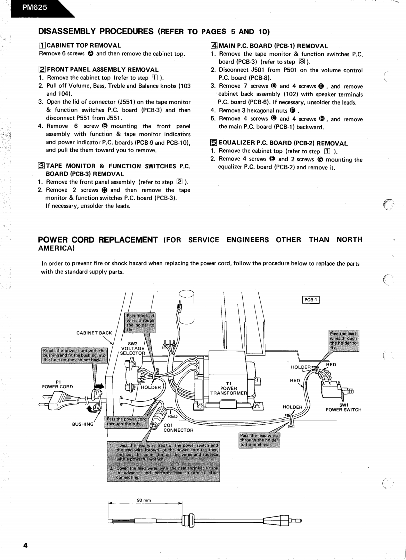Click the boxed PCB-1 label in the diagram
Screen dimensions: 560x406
[x=310, y=300]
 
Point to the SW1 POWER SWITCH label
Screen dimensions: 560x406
[x=343, y=407]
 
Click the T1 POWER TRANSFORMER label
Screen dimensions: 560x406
[x=229, y=388]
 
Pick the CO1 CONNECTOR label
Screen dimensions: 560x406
[x=178, y=428]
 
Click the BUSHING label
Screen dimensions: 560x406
[x=83, y=424]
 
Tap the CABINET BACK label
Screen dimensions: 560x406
[x=94, y=333]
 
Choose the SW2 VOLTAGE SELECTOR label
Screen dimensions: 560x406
[x=132, y=348]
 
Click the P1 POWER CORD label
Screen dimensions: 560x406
[x=57, y=383]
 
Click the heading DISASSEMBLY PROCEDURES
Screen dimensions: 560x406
[x=96, y=32]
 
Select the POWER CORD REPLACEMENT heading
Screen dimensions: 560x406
[x=98, y=240]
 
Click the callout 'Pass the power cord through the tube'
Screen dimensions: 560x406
[x=126, y=422]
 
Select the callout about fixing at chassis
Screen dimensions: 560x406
[x=260, y=440]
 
